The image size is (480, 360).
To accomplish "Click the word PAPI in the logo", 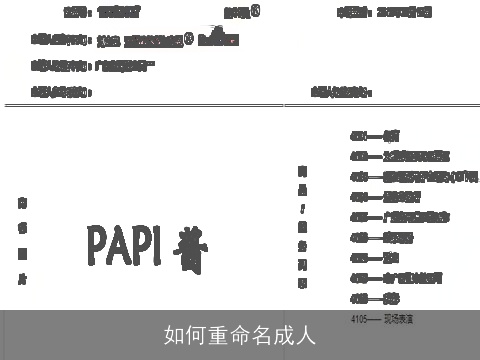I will point(126,243).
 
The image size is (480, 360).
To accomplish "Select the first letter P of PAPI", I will point(97,243).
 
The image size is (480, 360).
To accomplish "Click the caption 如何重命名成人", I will point(240,335).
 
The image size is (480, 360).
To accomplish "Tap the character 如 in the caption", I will point(173,335).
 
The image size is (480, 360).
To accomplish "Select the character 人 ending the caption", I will point(306,335).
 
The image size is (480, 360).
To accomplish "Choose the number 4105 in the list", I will point(360,317).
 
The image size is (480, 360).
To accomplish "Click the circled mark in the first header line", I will point(256,11).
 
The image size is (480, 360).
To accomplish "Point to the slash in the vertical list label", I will point(302,209).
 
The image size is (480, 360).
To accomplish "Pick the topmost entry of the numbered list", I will point(375,134).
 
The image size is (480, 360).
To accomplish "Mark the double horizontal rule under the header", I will point(240,105).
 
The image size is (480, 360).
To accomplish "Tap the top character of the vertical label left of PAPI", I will point(22,203).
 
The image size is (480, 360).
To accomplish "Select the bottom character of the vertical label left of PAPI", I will point(22,281).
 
